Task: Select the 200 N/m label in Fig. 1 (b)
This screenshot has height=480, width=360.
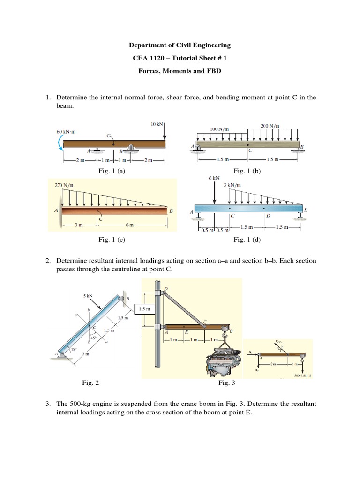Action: click(270, 126)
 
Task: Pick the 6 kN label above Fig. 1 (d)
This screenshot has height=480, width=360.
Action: click(214, 178)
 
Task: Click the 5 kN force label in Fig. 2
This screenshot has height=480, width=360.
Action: click(88, 296)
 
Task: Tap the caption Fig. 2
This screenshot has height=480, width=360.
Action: click(90, 383)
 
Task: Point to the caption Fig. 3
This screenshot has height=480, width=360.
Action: click(226, 383)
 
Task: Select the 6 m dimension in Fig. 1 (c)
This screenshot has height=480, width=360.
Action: click(129, 225)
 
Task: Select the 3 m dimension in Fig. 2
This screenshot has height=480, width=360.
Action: click(85, 354)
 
